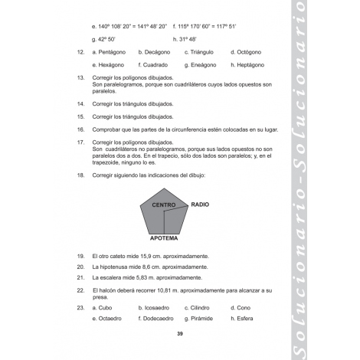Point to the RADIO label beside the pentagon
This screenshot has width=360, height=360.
200,205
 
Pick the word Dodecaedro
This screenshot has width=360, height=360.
158,318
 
